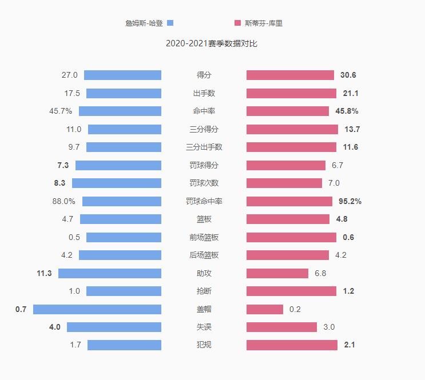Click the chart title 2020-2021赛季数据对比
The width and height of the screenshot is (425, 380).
(x=212, y=44)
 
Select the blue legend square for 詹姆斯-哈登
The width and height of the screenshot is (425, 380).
(x=170, y=23)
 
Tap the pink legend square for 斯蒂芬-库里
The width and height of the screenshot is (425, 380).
(x=237, y=23)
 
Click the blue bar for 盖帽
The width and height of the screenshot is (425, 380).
(x=97, y=309)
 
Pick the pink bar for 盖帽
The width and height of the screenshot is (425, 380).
(x=265, y=309)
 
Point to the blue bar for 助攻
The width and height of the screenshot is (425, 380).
(x=110, y=273)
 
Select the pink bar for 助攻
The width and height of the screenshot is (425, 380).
(x=277, y=273)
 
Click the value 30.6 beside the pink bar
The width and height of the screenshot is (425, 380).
(x=348, y=75)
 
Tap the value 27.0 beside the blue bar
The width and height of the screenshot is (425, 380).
(x=70, y=75)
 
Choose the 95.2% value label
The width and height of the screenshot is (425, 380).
(x=350, y=201)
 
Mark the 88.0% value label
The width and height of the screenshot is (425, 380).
(x=63, y=201)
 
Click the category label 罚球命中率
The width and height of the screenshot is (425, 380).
(x=204, y=201)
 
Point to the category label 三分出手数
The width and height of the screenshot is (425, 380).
(x=204, y=147)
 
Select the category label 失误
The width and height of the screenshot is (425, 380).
(x=204, y=327)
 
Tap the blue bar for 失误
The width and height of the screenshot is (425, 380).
(x=114, y=327)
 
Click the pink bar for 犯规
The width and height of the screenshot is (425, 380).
(x=292, y=345)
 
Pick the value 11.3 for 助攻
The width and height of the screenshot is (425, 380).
(x=44, y=273)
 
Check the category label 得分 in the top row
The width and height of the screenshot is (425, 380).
(x=204, y=75)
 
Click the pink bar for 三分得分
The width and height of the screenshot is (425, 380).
(x=292, y=129)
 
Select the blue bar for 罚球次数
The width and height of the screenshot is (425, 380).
(x=117, y=183)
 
